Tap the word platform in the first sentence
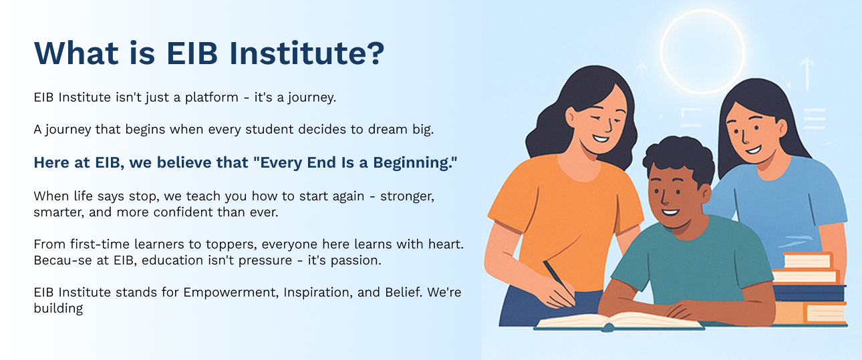coord(212,98)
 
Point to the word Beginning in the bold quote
coord(415,163)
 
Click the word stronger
coord(407,196)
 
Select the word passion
coord(356,260)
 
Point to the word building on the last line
coord(58,309)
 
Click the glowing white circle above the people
coord(702,11)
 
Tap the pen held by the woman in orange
coord(558,281)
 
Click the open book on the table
coord(619,321)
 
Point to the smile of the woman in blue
coord(753,149)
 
